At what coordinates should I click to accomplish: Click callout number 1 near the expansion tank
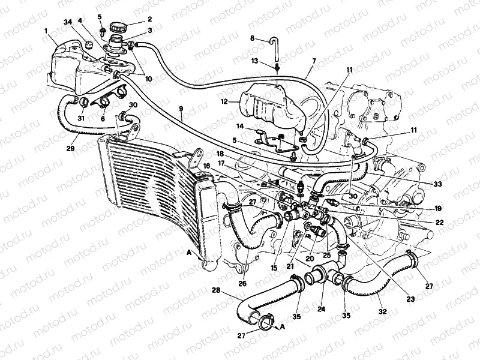(45, 30)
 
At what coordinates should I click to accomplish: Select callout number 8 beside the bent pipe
(253, 38)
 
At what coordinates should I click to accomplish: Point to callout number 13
(255, 61)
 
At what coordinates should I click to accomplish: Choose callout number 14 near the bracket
(239, 127)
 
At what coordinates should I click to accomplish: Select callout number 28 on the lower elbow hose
(215, 290)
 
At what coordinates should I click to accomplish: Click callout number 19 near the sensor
(438, 208)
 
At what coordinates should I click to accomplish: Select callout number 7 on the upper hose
(313, 62)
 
